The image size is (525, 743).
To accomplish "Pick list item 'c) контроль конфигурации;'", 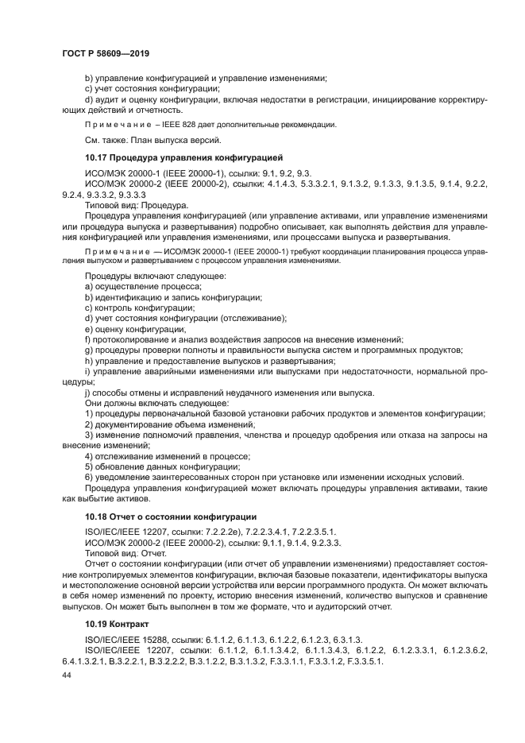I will click(x=140, y=307).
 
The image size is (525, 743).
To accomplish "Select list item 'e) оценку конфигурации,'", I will click(x=136, y=328).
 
